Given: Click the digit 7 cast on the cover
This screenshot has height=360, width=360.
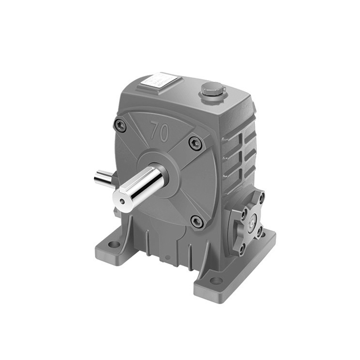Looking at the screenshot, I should pos(154,130).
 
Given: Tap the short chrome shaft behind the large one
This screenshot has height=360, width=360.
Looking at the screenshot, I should pos(103,178).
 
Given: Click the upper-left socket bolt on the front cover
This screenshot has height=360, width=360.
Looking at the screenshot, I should pos(120,125).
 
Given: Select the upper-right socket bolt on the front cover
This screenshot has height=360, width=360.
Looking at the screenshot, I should pos(195,143).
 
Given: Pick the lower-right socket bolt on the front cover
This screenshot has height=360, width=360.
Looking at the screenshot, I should pos(197,220).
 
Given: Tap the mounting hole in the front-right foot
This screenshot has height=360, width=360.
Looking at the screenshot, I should pos(216,281).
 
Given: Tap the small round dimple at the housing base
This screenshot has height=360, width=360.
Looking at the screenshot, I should pos(167,258).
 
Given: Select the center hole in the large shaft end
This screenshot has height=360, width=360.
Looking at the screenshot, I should pos(121,201).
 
